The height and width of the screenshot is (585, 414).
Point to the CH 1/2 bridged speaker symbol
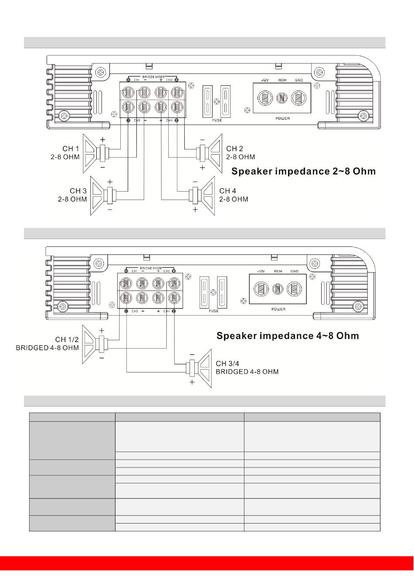95,344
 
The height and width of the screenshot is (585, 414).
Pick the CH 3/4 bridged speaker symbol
200,368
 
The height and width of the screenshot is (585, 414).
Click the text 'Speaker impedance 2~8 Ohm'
303,171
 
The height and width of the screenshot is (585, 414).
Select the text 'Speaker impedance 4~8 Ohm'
288,336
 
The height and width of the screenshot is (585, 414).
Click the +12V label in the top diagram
265,81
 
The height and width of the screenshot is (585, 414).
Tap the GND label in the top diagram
299,81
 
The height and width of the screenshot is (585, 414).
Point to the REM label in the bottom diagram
278,271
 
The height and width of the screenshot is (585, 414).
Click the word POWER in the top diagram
282,118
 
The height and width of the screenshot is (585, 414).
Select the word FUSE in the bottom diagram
214,311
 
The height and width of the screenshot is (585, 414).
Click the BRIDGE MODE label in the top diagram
153,77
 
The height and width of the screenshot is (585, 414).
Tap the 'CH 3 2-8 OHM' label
73,195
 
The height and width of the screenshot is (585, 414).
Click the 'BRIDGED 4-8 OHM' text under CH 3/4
247,372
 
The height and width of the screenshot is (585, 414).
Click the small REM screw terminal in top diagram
282,98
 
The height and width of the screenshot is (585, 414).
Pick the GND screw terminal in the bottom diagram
294,289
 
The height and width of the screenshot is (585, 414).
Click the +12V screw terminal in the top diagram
265,98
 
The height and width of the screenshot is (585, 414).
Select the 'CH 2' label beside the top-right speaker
234,148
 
